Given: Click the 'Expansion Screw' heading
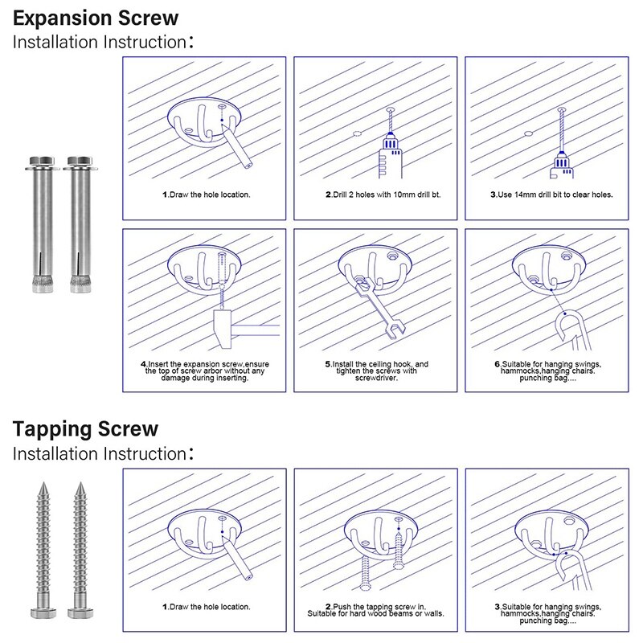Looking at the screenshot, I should pos(96,18).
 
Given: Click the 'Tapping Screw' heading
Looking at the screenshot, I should pos(85,429).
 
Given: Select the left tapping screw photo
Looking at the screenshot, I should pos(42,555).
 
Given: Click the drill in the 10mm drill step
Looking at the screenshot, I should pos(390,153).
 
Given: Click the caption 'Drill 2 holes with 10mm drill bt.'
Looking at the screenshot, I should pos(383,195).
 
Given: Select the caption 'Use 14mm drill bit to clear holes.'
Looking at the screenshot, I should pos(551,195).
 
